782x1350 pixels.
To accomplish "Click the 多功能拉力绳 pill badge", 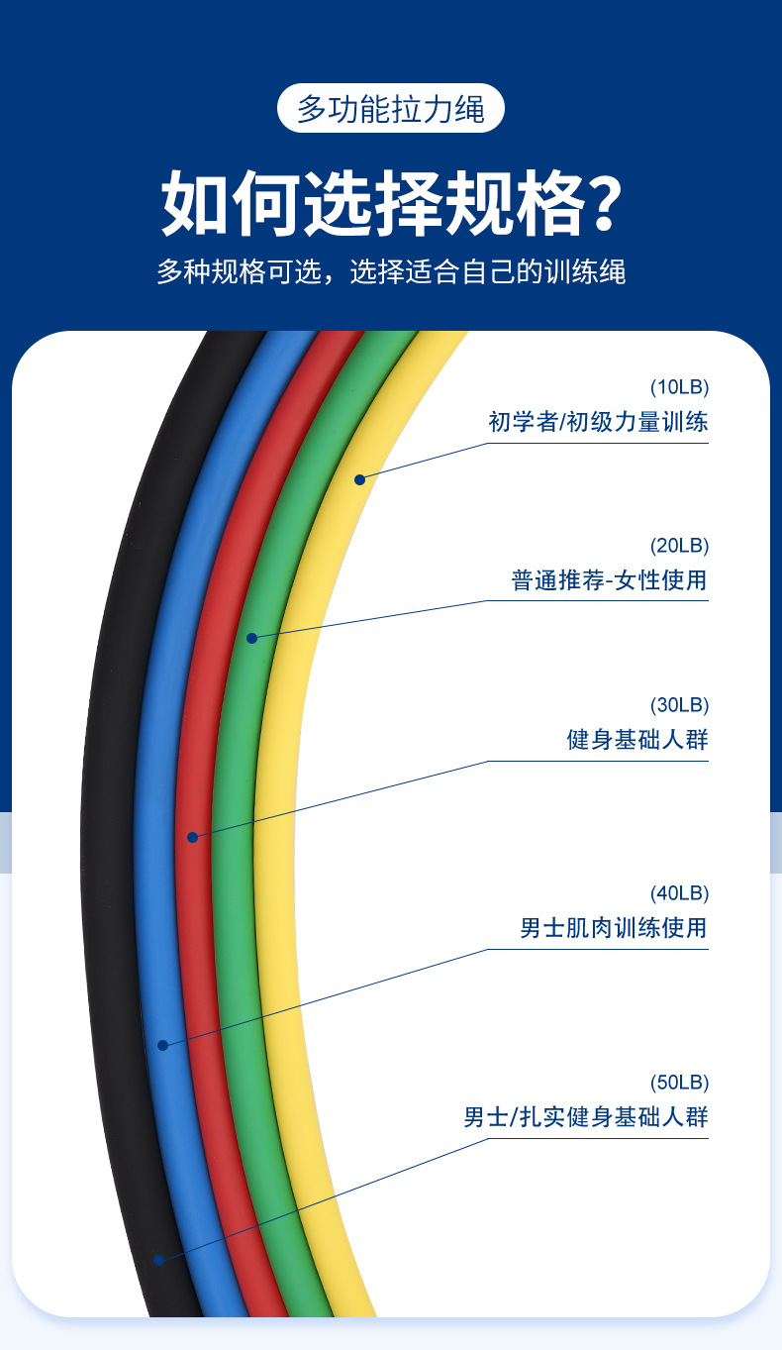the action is [x=390, y=108].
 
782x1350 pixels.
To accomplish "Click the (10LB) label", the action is [x=679, y=386].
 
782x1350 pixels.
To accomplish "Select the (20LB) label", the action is [x=679, y=545].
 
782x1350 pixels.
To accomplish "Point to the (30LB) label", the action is [x=679, y=705].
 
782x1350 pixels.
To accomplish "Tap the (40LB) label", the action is [x=679, y=893].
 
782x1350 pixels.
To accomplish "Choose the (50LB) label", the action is [x=679, y=1082].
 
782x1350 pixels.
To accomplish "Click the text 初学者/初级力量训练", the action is [x=598, y=422].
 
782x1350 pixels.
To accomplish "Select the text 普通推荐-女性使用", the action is [x=609, y=580].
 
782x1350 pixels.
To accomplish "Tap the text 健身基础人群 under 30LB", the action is [x=637, y=740].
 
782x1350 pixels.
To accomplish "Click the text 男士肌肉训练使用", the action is [x=614, y=929].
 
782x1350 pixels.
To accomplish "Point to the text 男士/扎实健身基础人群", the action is [x=586, y=1117].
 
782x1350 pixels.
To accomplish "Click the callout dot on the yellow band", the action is [x=360, y=479].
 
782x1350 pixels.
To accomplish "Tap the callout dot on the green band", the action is [x=251, y=638].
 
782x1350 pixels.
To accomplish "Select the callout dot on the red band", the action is [x=193, y=837].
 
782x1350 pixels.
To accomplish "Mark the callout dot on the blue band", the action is [x=163, y=1045].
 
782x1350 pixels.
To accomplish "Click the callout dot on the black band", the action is [x=158, y=1260].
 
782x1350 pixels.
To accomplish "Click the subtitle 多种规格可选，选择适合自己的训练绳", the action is [x=391, y=271].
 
